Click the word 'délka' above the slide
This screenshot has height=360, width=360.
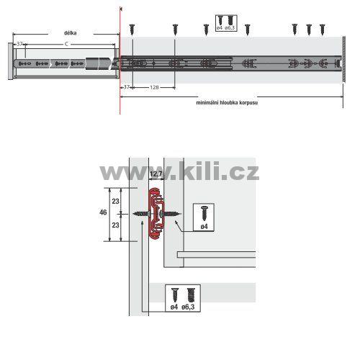coord(71,33)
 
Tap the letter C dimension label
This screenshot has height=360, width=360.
coord(66,44)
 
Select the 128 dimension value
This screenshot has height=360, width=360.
coord(154,87)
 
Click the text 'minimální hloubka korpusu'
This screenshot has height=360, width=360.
coord(227,102)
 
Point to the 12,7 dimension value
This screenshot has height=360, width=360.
coord(156,174)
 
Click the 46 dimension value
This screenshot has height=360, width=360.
coord(103,212)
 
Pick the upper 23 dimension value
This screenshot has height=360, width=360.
coord(115,202)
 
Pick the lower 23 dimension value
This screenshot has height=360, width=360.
coord(115,225)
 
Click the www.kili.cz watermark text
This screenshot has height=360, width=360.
coord(179,171)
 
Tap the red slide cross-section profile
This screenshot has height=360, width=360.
coord(156,214)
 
